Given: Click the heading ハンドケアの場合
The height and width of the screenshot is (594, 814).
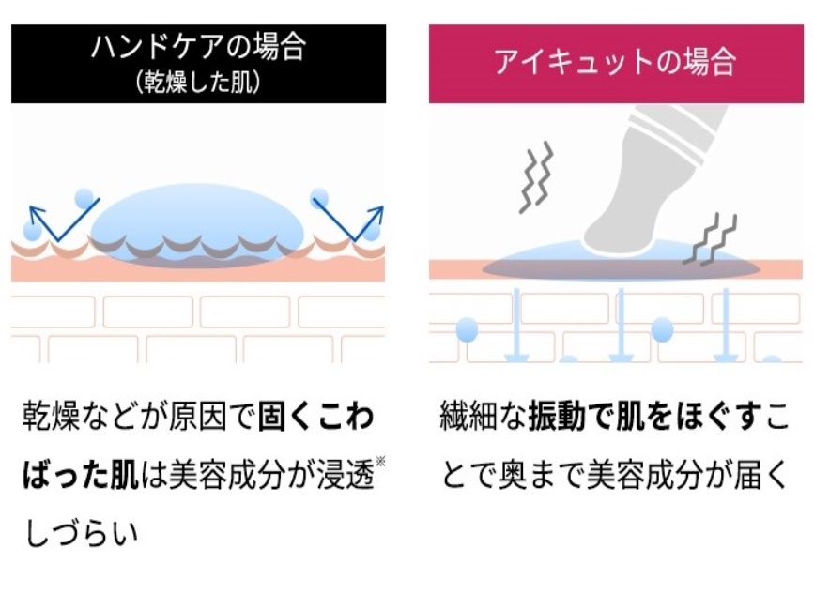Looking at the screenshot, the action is [198, 47].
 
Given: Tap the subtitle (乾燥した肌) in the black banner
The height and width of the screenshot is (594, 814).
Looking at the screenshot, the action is [198, 82].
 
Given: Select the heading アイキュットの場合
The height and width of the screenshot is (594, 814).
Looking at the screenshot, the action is [615, 62].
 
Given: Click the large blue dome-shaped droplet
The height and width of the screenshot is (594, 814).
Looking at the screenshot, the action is [197, 223].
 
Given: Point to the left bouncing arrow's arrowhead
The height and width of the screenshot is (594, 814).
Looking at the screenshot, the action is [37, 213].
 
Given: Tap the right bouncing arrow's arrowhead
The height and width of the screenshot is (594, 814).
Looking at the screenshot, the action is [376, 213].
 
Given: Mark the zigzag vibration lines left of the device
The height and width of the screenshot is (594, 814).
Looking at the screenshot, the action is [537, 177].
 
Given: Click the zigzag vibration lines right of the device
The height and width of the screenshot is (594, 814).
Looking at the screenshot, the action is [710, 238].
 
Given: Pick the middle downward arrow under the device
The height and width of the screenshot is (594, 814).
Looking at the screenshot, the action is [621, 325].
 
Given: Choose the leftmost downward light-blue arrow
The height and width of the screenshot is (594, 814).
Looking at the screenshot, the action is [516, 325].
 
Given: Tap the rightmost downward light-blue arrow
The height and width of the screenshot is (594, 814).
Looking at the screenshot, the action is [725, 325].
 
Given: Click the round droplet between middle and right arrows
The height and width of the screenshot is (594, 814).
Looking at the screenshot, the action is [662, 329].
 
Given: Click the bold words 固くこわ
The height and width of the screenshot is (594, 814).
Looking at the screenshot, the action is [315, 417].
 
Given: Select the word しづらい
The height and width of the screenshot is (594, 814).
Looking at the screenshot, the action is [82, 533].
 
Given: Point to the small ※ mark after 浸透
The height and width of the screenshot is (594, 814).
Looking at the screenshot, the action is [380, 461].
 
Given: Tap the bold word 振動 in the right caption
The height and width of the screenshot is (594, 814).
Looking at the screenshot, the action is [557, 417].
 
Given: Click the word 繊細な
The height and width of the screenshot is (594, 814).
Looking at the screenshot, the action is [484, 417].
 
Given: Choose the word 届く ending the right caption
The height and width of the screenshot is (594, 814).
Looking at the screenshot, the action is [760, 475].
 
